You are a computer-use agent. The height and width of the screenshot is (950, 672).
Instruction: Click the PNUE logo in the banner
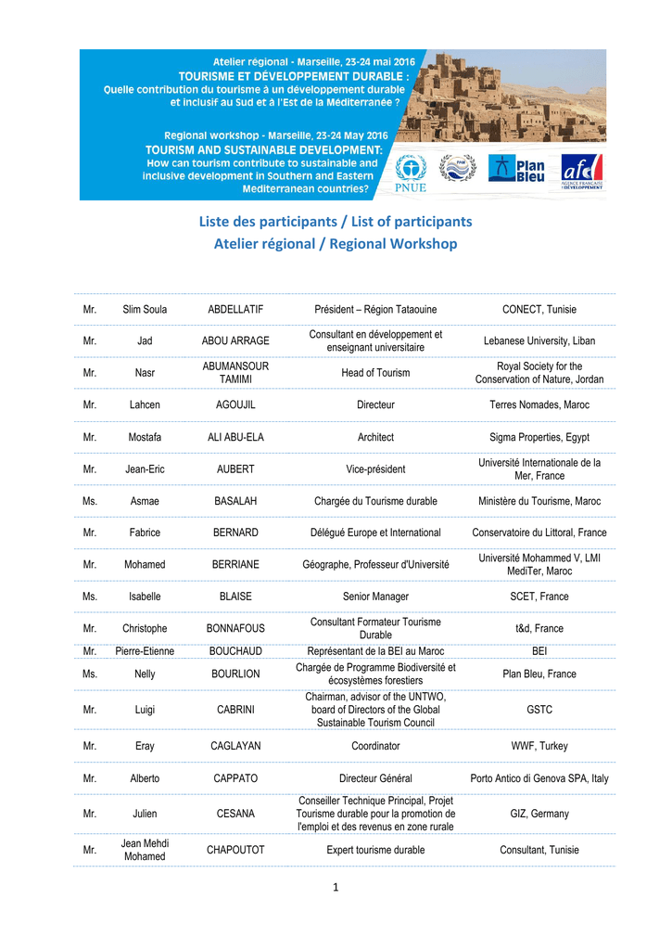(411, 174)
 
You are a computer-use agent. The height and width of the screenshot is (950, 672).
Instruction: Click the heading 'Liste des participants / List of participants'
(336, 222)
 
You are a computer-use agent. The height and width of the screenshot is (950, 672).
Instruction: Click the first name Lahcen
(145, 404)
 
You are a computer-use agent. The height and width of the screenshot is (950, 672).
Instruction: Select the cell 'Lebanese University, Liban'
(539, 340)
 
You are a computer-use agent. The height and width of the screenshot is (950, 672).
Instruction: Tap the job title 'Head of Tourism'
(375, 373)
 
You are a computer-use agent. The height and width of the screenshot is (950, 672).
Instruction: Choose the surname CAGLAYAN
(235, 746)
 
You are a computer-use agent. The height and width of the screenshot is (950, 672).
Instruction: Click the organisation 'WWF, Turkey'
(539, 746)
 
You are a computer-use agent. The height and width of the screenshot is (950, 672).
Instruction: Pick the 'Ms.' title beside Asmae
(90, 501)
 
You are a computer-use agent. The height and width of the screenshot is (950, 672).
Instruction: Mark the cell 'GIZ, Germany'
(539, 814)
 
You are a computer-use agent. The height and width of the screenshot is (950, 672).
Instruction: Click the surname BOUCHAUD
(235, 651)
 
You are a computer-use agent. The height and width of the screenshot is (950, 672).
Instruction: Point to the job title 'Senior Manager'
(375, 597)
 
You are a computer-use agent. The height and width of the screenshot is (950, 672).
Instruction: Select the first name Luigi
(145, 710)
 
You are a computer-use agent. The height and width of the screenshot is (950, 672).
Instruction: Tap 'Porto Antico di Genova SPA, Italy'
(539, 778)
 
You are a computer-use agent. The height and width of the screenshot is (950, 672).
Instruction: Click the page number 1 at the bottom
(336, 888)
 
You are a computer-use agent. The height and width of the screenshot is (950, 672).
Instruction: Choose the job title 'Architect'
(375, 437)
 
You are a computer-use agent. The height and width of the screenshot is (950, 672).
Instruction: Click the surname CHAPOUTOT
(235, 850)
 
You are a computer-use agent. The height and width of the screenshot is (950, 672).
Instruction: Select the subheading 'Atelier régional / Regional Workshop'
(336, 244)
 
